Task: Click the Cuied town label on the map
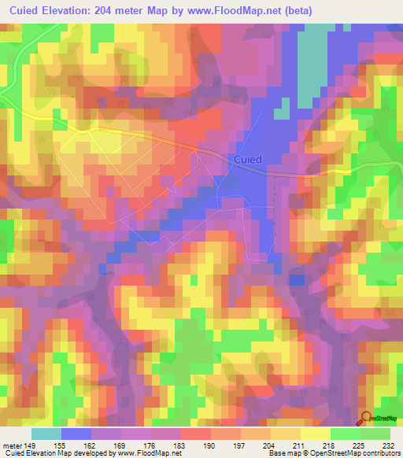click(247, 159)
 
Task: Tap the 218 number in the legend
click(331, 445)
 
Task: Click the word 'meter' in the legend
click(12, 445)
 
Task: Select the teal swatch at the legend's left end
click(46, 434)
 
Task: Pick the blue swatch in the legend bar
click(76, 434)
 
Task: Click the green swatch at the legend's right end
click(375, 434)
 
